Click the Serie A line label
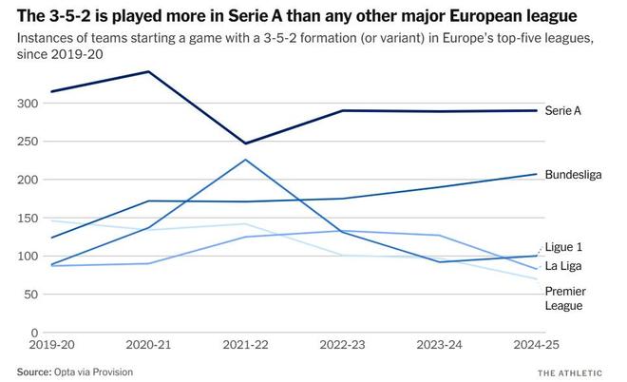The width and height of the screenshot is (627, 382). (x=563, y=111)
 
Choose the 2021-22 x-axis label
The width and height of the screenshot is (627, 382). (x=245, y=348)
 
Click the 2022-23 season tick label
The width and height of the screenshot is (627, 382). (x=343, y=348)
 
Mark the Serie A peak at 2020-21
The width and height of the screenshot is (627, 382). (x=148, y=71)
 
